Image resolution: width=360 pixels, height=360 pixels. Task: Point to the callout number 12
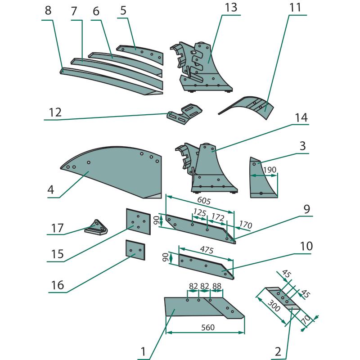[x=55, y=112]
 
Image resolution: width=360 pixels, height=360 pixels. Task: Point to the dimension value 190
[x=269, y=170]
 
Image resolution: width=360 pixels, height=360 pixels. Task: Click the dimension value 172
[x=218, y=217]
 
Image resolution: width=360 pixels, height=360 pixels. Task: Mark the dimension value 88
[x=217, y=286]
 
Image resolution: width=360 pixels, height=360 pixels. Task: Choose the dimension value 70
[x=306, y=321]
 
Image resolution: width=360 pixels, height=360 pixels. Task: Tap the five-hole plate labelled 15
[x=138, y=222]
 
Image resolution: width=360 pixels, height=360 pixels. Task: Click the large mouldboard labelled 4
[x=112, y=171]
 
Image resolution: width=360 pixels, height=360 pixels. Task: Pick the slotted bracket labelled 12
[x=184, y=113]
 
